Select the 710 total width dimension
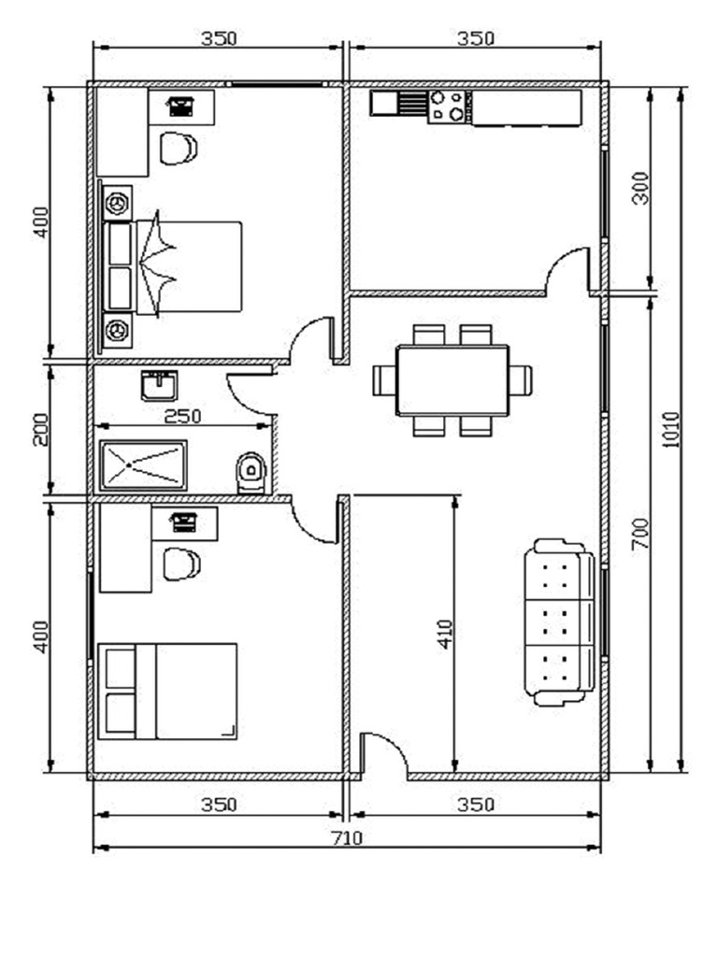pyautogui.click(x=347, y=837)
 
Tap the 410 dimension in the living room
pyautogui.click(x=444, y=635)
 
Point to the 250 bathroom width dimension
pyautogui.click(x=183, y=416)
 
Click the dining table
pyautogui.click(x=452, y=380)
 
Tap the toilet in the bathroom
pyautogui.click(x=251, y=472)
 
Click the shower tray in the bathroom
pyautogui.click(x=143, y=464)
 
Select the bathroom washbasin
pyautogui.click(x=160, y=385)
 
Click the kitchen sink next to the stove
pyautogui.click(x=399, y=102)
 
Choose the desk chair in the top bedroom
pyautogui.click(x=178, y=148)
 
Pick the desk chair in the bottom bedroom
pyautogui.click(x=180, y=564)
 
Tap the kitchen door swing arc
pyautogui.click(x=567, y=270)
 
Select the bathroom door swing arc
pyautogui.click(x=249, y=393)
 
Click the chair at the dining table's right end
pyautogui.click(x=521, y=380)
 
